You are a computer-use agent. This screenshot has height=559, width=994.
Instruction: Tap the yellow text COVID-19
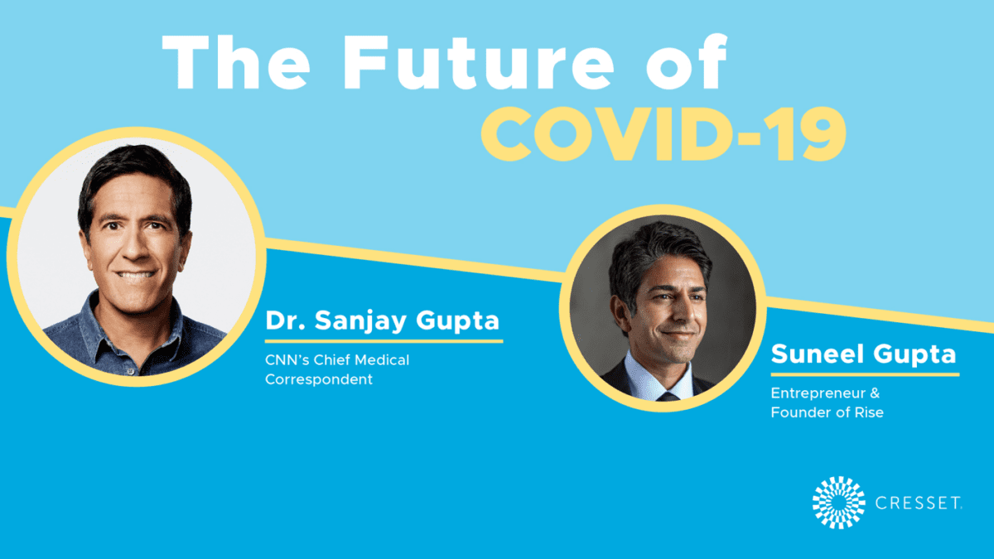pyautogui.click(x=664, y=134)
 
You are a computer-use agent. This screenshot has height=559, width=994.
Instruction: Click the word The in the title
pyautogui.click(x=236, y=61)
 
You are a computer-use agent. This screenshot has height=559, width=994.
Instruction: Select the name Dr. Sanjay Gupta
pyautogui.click(x=383, y=320)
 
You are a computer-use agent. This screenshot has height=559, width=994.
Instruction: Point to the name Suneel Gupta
pyautogui.click(x=863, y=354)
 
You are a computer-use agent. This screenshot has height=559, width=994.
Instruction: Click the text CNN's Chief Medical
pyautogui.click(x=337, y=359)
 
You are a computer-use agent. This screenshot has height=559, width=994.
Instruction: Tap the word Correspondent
pyautogui.click(x=319, y=379)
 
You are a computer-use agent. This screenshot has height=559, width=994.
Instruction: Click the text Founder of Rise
pyautogui.click(x=828, y=412)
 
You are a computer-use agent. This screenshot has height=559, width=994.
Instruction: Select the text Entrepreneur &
pyautogui.click(x=825, y=393)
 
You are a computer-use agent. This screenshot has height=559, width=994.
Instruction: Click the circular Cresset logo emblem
pyautogui.click(x=838, y=503)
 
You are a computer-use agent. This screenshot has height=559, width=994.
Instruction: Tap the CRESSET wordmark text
pyautogui.click(x=918, y=503)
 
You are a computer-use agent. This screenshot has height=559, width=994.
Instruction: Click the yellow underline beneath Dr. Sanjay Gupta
pyautogui.click(x=384, y=341)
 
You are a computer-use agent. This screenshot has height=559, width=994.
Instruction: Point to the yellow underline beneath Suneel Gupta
pyautogui.click(x=866, y=375)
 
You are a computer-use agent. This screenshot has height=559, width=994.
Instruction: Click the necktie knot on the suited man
pyautogui.click(x=667, y=396)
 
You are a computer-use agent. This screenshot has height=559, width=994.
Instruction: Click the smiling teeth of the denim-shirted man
pyautogui.click(x=135, y=275)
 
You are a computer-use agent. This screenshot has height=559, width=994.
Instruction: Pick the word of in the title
pyautogui.click(x=687, y=61)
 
